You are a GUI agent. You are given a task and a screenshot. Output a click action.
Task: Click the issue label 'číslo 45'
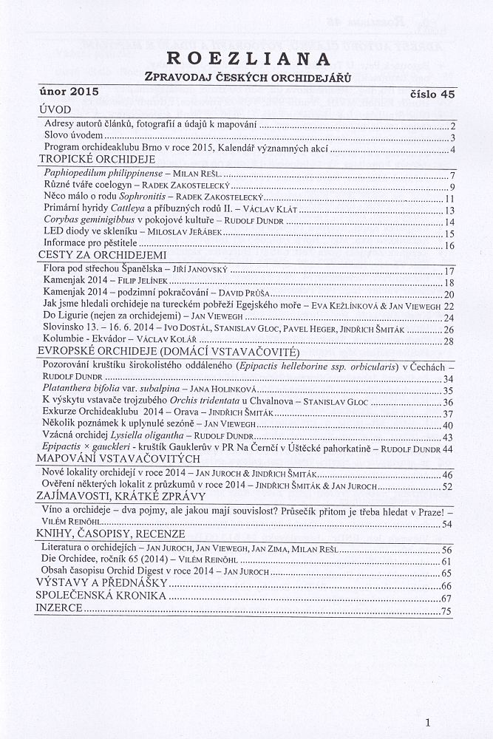coord(432,94)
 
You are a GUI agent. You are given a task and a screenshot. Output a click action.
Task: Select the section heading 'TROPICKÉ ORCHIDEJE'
coord(96,159)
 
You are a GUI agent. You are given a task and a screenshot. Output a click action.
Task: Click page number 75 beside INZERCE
coord(446,611)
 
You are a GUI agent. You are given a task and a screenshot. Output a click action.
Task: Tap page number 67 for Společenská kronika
coord(446,598)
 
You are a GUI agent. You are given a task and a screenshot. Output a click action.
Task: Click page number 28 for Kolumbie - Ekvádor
coord(447,341)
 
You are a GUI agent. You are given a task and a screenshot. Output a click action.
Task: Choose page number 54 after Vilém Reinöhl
coord(447,524)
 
